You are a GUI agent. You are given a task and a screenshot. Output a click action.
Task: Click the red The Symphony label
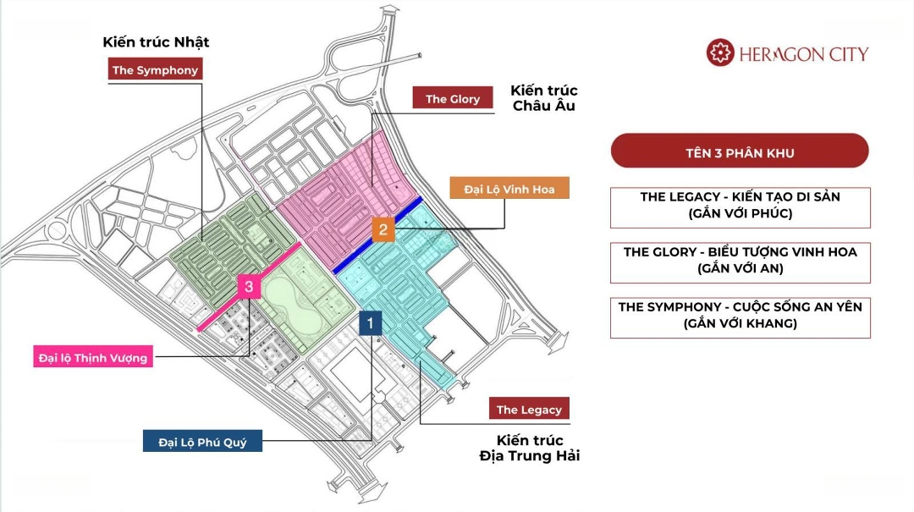tap(155, 70)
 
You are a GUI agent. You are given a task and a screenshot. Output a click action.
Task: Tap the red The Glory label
tap(453, 98)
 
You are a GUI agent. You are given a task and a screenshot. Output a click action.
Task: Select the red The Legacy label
tap(529, 410)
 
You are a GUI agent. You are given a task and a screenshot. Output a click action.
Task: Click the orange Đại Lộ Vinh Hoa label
tap(509, 189)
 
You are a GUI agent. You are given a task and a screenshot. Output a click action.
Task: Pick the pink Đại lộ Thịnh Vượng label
tap(92, 357)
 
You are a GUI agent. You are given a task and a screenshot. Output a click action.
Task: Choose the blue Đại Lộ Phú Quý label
tap(202, 441)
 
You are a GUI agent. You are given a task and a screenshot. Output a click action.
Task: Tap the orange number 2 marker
tap(383, 229)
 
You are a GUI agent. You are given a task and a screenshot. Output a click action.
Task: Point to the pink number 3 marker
tap(249, 287)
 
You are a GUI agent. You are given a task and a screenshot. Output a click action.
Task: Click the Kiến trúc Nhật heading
tap(156, 41)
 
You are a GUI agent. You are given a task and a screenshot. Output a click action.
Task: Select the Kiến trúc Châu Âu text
tap(544, 98)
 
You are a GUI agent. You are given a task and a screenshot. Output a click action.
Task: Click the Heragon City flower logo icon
tap(720, 53)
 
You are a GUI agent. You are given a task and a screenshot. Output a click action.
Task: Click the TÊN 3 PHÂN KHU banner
tap(740, 153)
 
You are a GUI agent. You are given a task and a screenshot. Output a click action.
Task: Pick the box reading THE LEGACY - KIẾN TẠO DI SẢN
tap(740, 206)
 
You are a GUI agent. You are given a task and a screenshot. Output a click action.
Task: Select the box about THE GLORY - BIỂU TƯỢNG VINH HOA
tap(740, 261)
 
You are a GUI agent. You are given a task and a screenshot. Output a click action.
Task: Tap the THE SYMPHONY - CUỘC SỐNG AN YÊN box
tap(740, 316)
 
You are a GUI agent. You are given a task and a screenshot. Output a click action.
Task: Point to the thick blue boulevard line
tap(378, 234)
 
